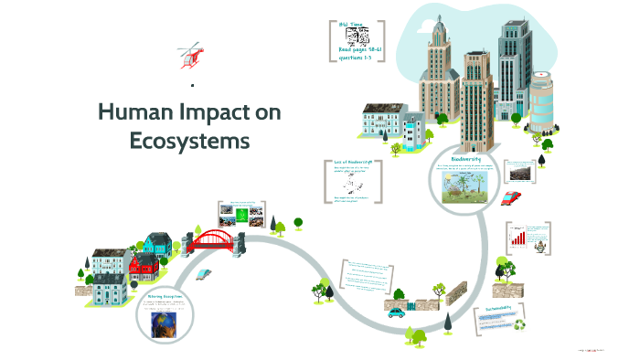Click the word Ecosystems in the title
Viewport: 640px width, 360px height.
189,142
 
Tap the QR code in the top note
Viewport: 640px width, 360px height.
357,37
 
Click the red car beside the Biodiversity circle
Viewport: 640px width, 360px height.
513,196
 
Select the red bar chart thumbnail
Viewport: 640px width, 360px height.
518,238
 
